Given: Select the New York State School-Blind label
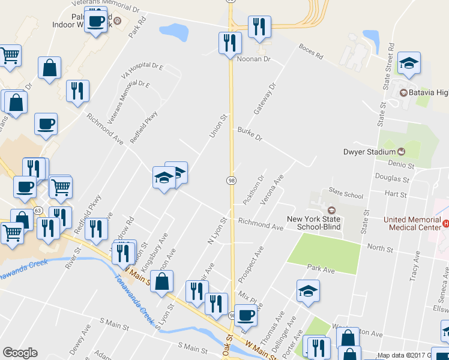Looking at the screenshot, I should (x=313, y=223).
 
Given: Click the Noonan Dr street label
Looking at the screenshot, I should (x=255, y=59).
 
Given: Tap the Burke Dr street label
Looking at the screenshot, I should (x=250, y=133).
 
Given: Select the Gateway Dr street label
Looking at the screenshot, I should (x=267, y=99).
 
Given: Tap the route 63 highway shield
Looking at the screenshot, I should (x=38, y=211).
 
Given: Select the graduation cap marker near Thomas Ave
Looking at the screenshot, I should (x=308, y=291).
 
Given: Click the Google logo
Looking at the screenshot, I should (x=20, y=353).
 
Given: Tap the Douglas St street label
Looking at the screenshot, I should (x=391, y=178).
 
